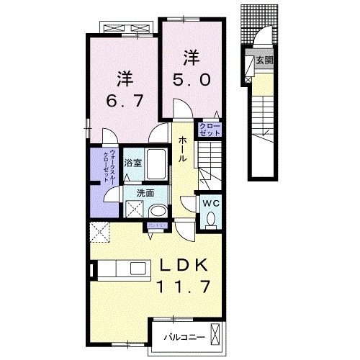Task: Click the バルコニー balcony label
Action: pyautogui.click(x=184, y=337)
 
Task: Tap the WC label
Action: pyautogui.click(x=210, y=204)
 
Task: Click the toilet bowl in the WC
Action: pyautogui.click(x=210, y=221)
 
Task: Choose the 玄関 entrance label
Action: pyautogui.click(x=264, y=60)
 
